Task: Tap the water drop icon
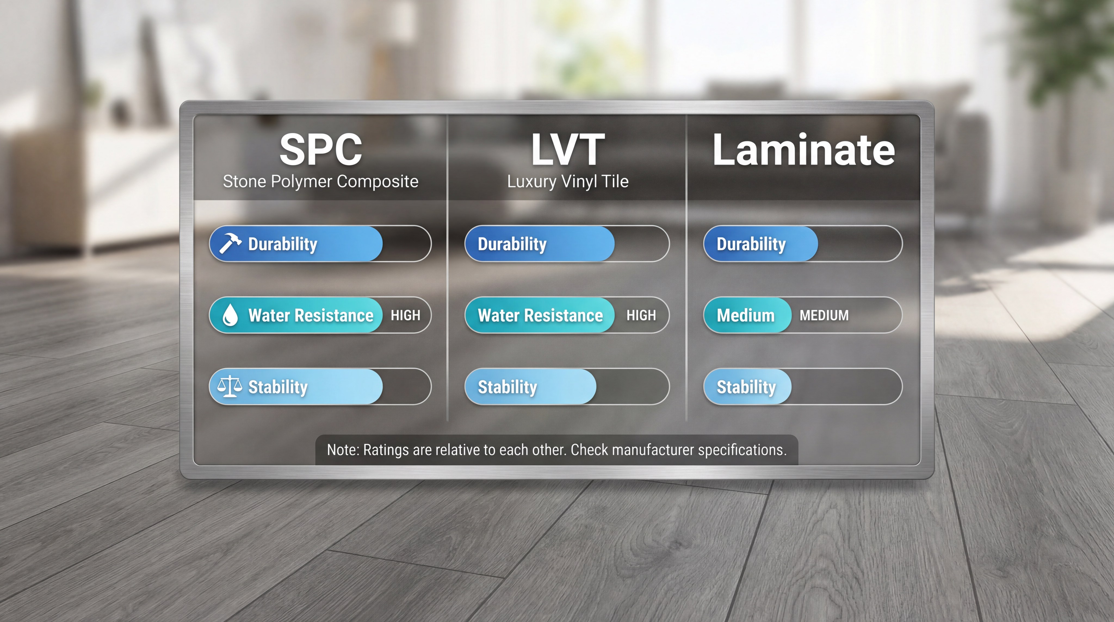click(230, 315)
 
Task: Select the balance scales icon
click(229, 386)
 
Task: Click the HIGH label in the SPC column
click(405, 315)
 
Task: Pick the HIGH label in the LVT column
click(641, 315)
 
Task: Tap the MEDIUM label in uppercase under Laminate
click(824, 315)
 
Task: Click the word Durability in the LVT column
click(512, 244)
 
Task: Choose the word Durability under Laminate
click(751, 244)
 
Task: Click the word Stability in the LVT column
click(507, 387)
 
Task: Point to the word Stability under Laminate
click(746, 387)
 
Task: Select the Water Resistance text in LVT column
click(540, 315)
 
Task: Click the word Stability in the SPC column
click(278, 387)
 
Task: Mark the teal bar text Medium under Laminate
click(745, 315)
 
